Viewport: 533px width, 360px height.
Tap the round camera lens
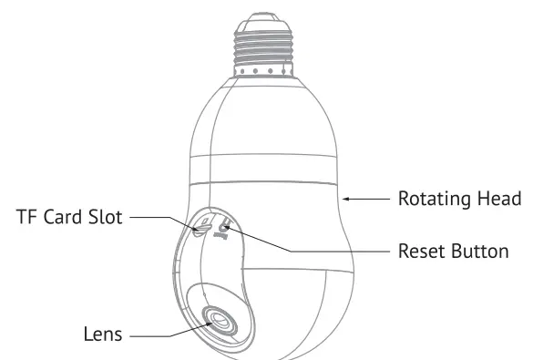tap(219, 322)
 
